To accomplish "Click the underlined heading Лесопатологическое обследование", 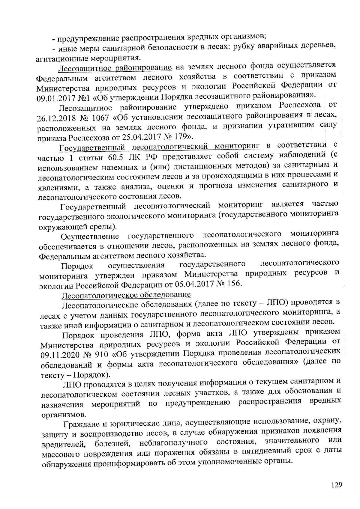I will pyautogui.click(x=126, y=295).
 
